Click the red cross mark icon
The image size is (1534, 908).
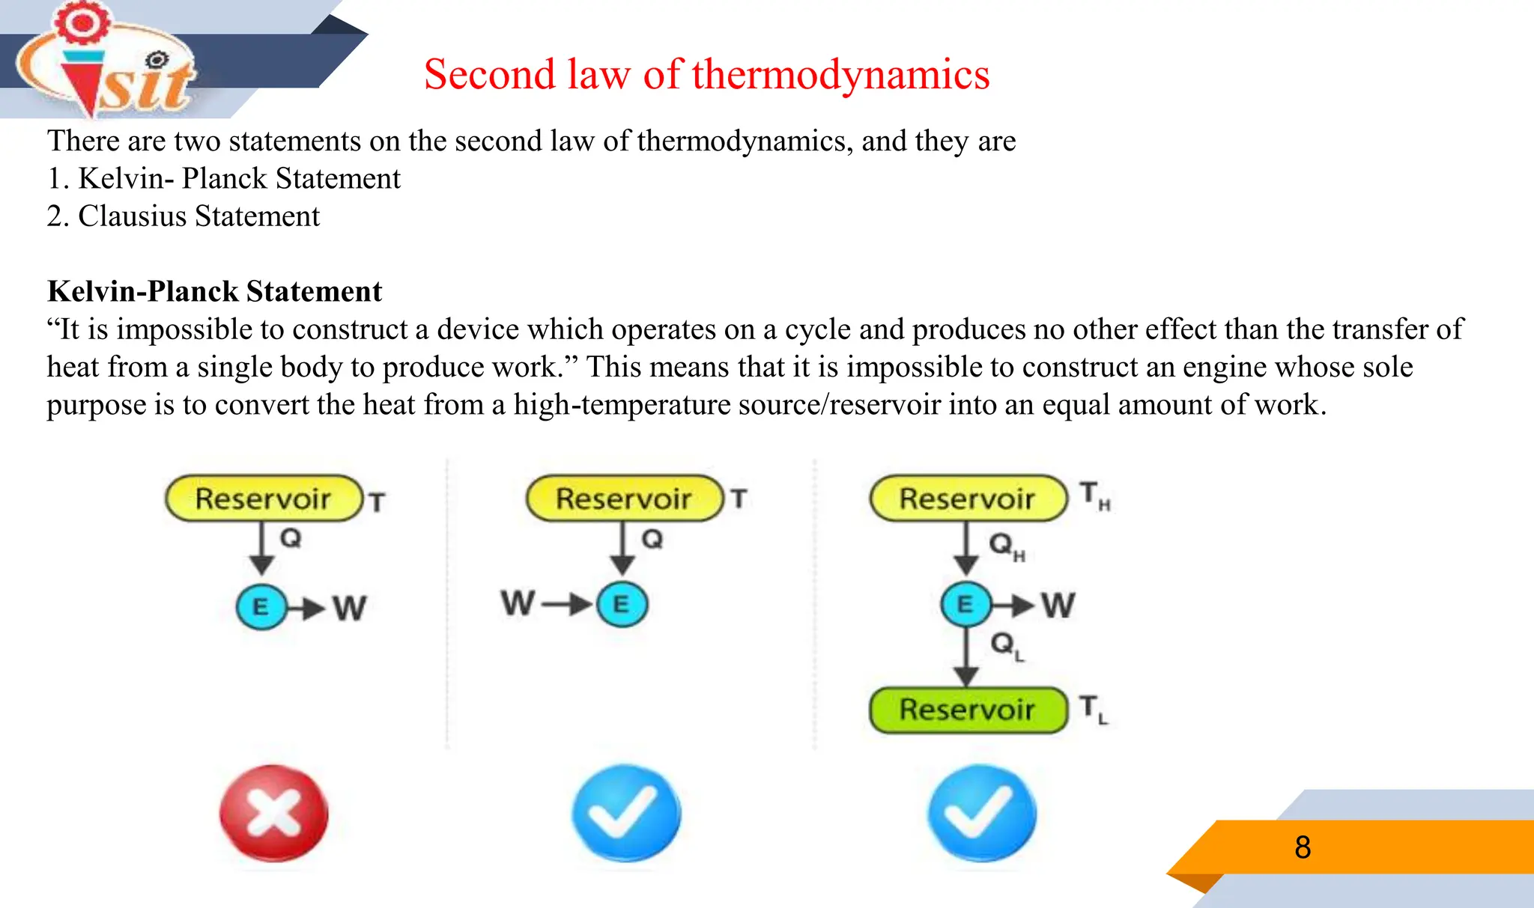(273, 812)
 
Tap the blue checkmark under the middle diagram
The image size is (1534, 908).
(625, 812)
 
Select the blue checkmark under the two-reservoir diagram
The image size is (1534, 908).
(981, 812)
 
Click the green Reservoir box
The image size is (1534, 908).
(967, 710)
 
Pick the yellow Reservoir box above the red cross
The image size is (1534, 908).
(263, 499)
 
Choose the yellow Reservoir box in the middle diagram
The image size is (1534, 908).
(624, 499)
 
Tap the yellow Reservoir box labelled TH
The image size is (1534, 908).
(967, 499)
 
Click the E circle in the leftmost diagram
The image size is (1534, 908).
(261, 606)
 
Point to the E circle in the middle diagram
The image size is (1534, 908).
(622, 604)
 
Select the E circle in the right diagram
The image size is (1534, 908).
(965, 604)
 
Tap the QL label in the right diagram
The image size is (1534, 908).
(1006, 645)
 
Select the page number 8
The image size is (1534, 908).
(1303, 847)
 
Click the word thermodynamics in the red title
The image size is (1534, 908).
(840, 75)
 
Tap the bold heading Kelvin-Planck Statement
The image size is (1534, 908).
(215, 291)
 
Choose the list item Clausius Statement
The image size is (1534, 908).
(198, 216)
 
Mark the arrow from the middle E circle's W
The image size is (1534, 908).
(566, 604)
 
